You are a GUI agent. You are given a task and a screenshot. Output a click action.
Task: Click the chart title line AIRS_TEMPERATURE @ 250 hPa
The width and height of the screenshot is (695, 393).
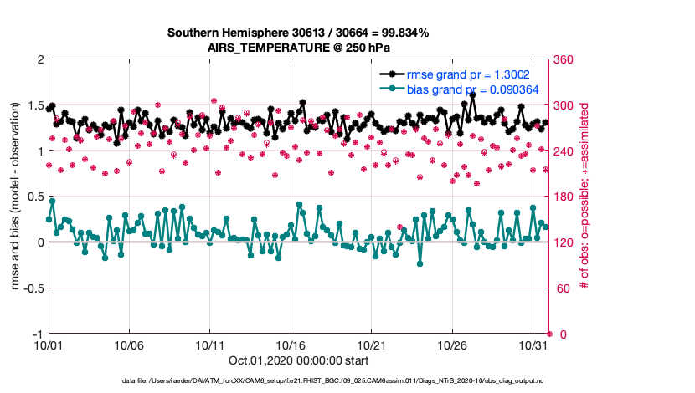pyautogui.click(x=298, y=48)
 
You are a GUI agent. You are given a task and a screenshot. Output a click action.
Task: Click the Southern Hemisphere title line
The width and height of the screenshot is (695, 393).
pyautogui.click(x=298, y=33)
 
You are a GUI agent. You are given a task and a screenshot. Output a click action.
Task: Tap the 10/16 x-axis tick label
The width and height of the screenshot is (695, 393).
pyautogui.click(x=291, y=345)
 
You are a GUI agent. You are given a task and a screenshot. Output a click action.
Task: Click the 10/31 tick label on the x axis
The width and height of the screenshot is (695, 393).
pyautogui.click(x=533, y=345)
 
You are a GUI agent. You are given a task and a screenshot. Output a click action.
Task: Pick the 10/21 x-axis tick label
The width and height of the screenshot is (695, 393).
pyautogui.click(x=371, y=345)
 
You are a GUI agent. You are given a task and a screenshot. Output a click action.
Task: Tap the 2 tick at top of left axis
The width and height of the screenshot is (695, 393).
pyautogui.click(x=39, y=60)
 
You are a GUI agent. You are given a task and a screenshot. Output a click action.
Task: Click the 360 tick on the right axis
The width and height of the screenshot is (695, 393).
pyautogui.click(x=564, y=60)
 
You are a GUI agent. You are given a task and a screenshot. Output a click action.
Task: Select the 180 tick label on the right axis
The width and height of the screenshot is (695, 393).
pyautogui.click(x=564, y=197)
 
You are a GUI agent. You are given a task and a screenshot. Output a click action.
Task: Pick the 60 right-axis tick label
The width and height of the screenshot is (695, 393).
pyautogui.click(x=561, y=288)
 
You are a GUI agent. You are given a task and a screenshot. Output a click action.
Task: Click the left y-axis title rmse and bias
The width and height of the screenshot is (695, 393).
pyautogui.click(x=16, y=197)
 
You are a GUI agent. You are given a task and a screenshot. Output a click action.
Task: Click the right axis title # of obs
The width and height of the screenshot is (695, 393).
pyautogui.click(x=584, y=197)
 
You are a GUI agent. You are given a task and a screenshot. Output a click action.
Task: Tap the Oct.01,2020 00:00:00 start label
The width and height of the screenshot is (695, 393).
pyautogui.click(x=298, y=361)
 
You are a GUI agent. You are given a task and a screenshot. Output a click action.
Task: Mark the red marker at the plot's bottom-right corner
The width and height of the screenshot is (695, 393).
pyautogui.click(x=548, y=334)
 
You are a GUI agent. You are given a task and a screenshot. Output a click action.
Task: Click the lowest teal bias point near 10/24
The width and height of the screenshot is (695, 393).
pyautogui.click(x=420, y=263)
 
